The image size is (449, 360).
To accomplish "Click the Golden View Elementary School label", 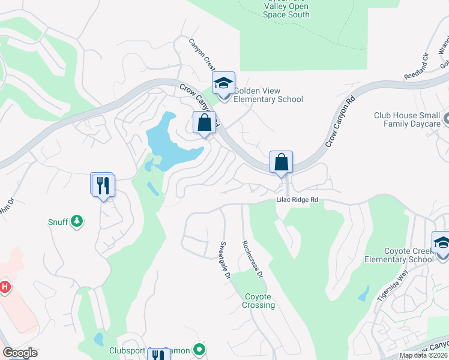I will coord(268,95).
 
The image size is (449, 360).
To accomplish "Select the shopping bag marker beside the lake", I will coord(204,123).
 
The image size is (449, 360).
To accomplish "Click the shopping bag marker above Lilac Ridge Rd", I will coord(281,162).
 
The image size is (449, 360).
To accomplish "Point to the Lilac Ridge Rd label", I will coord(297,200).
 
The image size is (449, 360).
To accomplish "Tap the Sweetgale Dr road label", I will coord(224,261).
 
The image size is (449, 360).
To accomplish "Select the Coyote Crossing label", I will coord(259,301).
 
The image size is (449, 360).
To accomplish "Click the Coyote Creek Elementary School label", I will coord(399,254).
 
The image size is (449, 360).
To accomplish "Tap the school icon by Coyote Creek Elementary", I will coord(442,244).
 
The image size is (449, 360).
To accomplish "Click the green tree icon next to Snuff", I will coord(76,221).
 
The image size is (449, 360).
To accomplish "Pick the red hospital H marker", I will coord(5,287).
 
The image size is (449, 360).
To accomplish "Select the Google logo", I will coord(20,353).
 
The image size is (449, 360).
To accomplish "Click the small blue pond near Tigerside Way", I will coord(363,293).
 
